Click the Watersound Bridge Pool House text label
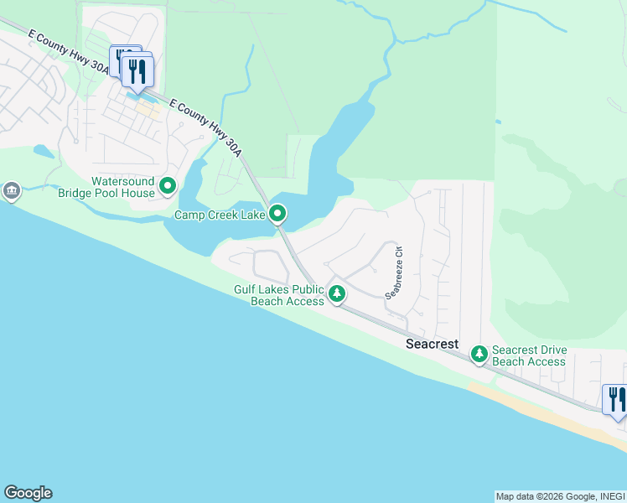tap(122, 187)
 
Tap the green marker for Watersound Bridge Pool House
tap(168, 185)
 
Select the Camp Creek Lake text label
tap(220, 215)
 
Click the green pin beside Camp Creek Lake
tap(278, 215)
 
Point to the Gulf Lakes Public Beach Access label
tap(278, 295)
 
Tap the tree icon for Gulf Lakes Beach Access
tap(336, 293)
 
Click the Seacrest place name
tap(433, 344)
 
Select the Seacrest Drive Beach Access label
tap(529, 355)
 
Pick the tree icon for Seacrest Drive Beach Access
tap(479, 355)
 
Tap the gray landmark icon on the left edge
tap(12, 192)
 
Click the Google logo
tap(28, 493)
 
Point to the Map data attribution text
tap(559, 496)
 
